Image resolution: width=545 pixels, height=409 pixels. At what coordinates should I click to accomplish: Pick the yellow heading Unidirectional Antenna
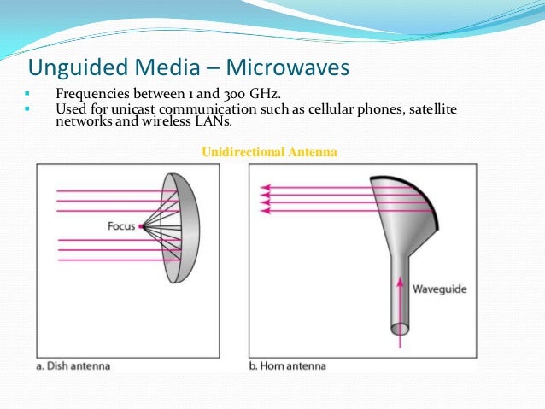269,151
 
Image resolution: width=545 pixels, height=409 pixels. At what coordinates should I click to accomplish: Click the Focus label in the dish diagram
122,226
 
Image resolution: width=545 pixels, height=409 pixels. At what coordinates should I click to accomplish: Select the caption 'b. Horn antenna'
288,365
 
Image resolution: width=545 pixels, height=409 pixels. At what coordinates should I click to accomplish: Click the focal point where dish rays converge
142,226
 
